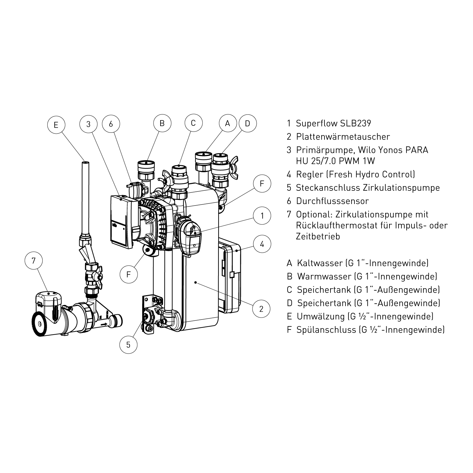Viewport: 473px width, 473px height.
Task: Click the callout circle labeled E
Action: coord(56,125)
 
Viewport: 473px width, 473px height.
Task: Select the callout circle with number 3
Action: coord(88,124)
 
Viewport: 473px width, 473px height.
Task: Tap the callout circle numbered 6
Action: coord(111,124)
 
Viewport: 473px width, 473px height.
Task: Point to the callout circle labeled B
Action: coord(162,123)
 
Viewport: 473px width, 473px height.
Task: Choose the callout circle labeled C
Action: coord(193,123)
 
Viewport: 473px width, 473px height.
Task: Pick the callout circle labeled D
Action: coord(248,124)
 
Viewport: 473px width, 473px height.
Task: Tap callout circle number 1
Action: coord(262,216)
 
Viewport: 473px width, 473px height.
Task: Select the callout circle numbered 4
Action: coord(262,244)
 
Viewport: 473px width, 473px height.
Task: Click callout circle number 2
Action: coord(261,308)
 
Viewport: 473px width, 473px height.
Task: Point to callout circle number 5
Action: coord(128,345)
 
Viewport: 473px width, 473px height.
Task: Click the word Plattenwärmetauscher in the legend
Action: coord(343,137)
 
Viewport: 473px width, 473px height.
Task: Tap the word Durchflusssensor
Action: coord(332,201)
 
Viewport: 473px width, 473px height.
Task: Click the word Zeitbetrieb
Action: coord(318,237)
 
